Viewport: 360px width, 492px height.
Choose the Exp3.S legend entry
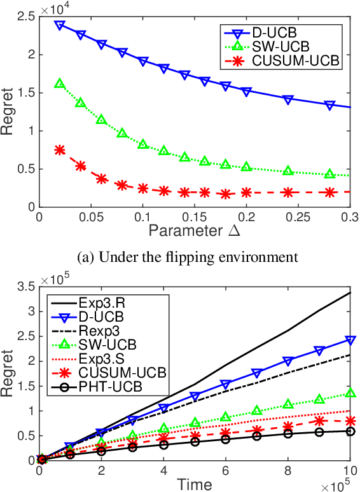[x=102, y=358]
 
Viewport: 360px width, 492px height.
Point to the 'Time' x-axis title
[x=195, y=485]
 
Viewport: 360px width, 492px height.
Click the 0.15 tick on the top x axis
[x=195, y=217]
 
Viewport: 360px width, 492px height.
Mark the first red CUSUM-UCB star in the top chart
[x=60, y=150]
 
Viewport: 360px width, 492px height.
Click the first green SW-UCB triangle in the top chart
[x=60, y=83]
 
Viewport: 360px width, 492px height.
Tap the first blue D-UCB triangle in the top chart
[x=60, y=25]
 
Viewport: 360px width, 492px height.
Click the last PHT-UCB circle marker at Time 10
[x=349, y=431]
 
